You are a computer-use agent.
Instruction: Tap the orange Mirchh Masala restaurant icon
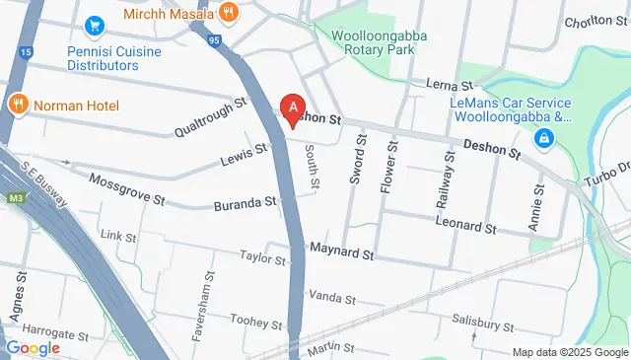pos(230,13)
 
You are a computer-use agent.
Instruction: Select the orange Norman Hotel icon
pos(17,104)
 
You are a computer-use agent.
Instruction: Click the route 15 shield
pos(25,51)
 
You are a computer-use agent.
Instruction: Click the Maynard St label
pos(341,253)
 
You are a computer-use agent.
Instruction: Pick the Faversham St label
pos(208,293)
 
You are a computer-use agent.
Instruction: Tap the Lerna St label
pos(444,86)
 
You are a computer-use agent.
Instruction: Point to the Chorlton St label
pos(596,23)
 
